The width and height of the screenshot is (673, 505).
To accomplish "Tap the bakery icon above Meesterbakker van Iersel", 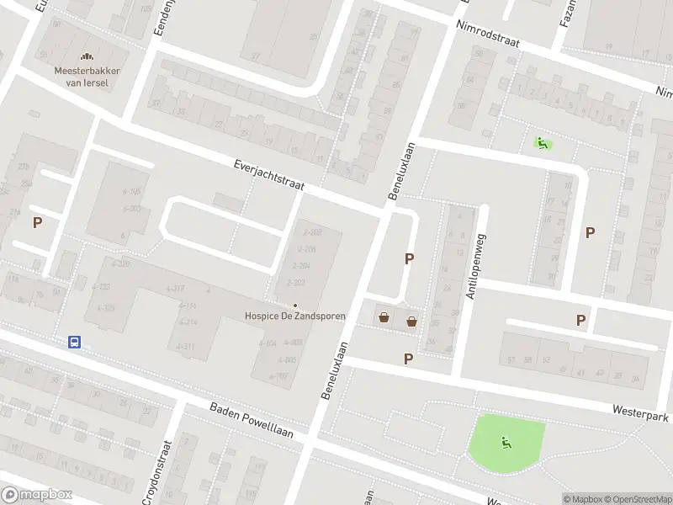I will (87, 57).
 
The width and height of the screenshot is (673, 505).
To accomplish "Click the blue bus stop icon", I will (75, 342).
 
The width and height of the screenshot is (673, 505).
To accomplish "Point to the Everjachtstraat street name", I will (268, 175).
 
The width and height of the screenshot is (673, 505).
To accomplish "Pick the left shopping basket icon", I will (384, 318).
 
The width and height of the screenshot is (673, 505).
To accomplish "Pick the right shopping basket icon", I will (411, 321).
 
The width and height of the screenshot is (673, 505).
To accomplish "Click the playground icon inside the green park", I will (505, 443).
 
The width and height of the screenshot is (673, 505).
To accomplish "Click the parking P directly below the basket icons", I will (409, 359).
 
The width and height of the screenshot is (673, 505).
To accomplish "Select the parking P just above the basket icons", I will (410, 259).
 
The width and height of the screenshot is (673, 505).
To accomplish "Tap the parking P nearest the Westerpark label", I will (580, 320).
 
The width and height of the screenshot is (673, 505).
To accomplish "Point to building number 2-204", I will (300, 266).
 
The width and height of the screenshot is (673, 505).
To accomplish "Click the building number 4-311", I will (186, 347).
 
